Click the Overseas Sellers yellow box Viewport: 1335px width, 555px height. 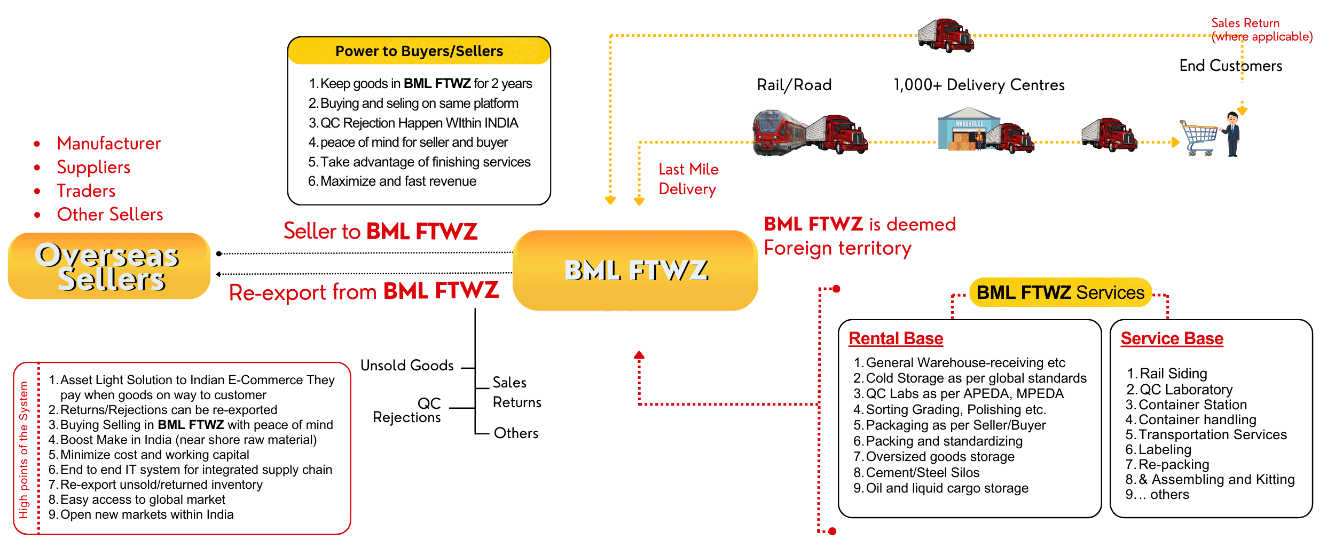coord(109,266)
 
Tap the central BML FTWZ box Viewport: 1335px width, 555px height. coord(635,270)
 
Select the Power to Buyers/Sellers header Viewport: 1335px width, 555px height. coord(419,51)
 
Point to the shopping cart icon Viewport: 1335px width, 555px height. coord(1198,138)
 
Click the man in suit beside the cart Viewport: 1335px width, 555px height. coord(1232,134)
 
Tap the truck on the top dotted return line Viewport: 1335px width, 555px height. coord(946,35)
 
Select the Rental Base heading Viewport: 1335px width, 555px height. coord(896,338)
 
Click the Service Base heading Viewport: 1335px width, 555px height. coord(1172,338)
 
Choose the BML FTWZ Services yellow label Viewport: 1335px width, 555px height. coord(1060,292)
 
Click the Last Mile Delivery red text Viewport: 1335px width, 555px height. coord(688,179)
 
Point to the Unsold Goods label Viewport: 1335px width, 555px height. coord(407,366)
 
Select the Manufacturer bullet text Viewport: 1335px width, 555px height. coord(108,143)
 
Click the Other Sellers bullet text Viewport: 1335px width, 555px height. coord(110,215)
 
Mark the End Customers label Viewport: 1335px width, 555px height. coord(1230,66)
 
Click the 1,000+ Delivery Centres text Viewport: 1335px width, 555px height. coord(979,85)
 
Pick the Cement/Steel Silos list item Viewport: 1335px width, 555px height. coord(922,473)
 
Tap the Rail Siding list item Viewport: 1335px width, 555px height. coord(1173,374)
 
